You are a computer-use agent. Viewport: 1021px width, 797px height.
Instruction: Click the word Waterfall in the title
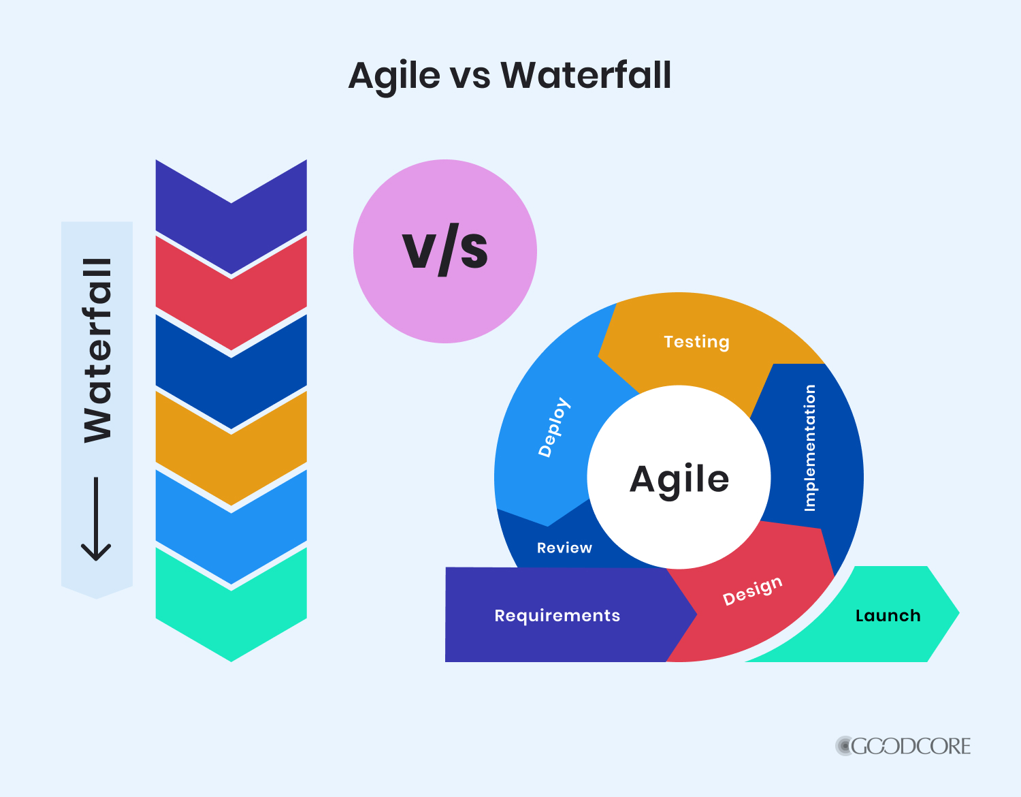586,75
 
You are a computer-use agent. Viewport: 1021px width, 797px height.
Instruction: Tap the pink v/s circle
445,251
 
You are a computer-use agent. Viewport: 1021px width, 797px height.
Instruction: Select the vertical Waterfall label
97,350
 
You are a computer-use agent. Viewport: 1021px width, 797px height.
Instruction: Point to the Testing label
696,341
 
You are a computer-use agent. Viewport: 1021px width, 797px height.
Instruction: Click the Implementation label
809,448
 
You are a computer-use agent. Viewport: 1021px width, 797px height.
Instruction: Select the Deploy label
554,426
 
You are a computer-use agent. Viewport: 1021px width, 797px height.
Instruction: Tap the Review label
564,548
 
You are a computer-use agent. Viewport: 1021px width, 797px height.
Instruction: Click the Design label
752,591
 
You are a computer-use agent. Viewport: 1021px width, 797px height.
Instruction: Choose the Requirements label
557,616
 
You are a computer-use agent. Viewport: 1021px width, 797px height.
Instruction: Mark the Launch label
888,616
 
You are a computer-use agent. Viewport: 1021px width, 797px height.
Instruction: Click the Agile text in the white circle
679,479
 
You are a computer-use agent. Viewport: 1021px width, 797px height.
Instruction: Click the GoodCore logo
903,746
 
